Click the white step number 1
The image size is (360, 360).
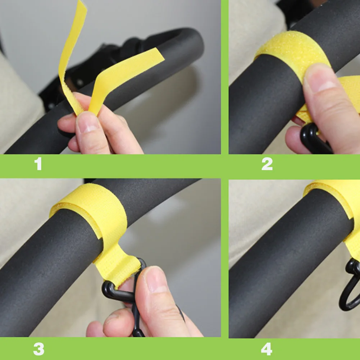tap(38, 164)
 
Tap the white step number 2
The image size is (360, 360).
tap(267, 164)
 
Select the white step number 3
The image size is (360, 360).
tap(38, 349)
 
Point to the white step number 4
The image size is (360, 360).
tap(266, 349)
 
